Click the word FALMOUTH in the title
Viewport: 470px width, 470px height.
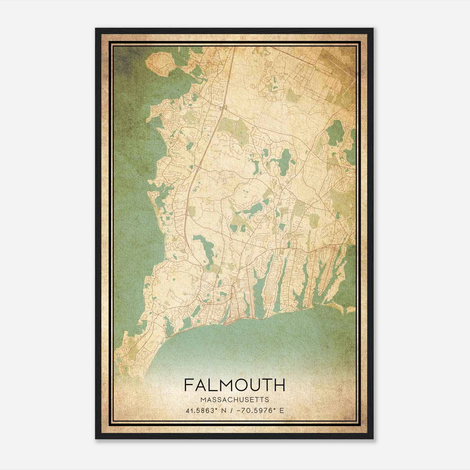point(234,385)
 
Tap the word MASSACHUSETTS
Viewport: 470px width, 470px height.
point(234,399)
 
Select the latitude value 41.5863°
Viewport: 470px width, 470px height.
point(202,410)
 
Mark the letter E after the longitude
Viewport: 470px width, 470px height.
point(281,410)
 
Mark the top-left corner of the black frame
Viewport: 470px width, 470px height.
point(96,28)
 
